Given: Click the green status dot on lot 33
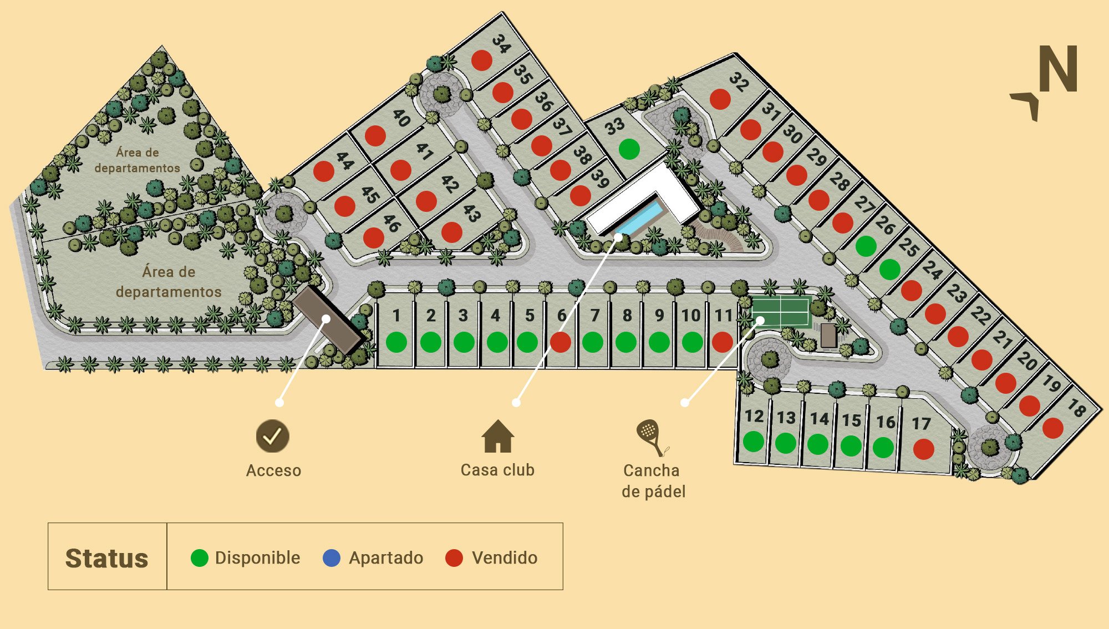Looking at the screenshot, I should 629,149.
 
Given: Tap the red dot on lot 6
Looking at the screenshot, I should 560,342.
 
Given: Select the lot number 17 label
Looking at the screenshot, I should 921,424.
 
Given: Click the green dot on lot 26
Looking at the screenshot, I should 866,246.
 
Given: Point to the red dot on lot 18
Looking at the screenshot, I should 1052,428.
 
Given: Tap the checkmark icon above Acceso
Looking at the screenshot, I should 272,436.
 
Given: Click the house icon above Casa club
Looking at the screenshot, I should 497,437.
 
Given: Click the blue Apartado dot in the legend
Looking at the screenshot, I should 332,557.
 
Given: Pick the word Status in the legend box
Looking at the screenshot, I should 106,558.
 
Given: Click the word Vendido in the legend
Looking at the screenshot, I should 504,557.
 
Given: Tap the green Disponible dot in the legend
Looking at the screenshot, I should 199,557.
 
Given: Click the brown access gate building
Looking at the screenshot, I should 327,320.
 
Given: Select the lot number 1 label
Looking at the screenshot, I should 396,316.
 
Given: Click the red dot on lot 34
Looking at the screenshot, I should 481,60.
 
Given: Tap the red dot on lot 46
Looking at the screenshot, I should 373,237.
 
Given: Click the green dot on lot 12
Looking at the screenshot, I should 753,442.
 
